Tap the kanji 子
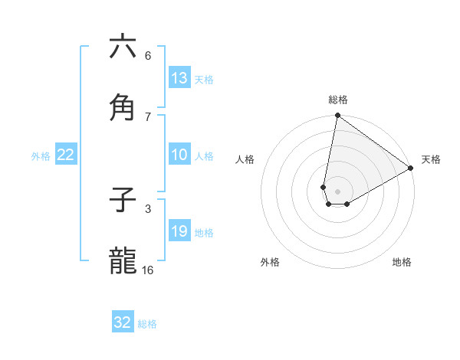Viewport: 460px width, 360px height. coord(123,200)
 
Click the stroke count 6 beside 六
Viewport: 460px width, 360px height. coord(148,55)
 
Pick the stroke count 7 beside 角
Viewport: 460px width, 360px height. coord(148,116)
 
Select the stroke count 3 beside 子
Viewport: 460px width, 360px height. coord(148,208)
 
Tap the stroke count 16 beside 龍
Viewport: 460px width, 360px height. coord(148,270)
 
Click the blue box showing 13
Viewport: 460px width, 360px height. coord(179,78)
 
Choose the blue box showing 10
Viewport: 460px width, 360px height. coord(179,155)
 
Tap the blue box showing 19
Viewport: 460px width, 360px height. coord(179,231)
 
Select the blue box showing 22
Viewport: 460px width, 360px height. coord(66,155)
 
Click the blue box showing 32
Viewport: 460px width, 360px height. coord(123,322)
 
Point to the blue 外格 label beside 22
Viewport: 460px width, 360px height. coord(41,156)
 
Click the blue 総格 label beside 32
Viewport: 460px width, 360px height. coord(147,324)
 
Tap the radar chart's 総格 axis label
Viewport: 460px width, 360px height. coord(338,100)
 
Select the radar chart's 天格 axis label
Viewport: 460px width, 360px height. coord(431,159)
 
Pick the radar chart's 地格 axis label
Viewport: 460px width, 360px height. coord(402,262)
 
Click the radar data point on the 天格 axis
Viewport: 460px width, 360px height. coord(411,169)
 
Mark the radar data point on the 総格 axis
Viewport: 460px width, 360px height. coord(337,116)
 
